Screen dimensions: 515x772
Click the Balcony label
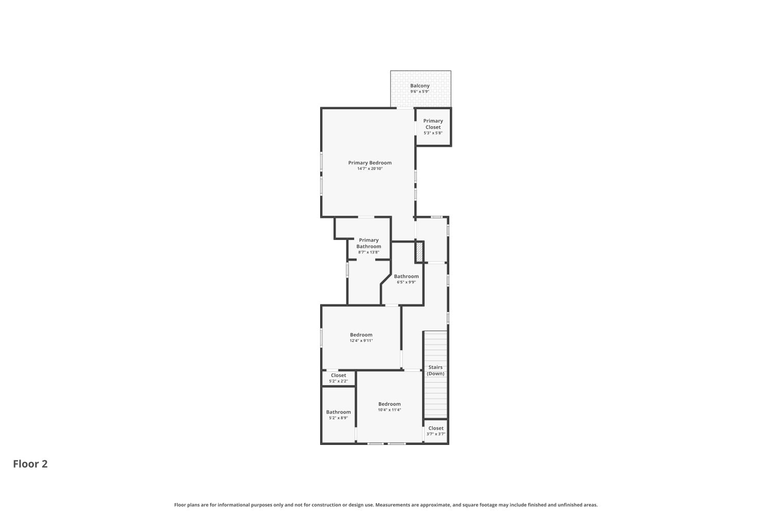419,86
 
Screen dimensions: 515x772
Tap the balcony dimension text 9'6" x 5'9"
419,92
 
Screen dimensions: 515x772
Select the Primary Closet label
433,124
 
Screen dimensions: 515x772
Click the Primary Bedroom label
370,163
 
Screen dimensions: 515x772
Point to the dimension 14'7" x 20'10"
370,169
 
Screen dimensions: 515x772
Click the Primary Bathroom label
369,243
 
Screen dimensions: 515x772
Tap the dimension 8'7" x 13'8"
369,252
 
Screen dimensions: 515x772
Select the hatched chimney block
419,252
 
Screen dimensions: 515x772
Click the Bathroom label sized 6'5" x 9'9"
406,277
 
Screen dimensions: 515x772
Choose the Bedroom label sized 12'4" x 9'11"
361,335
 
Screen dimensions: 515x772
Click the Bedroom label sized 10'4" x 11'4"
389,404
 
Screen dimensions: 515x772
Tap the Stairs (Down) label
435,370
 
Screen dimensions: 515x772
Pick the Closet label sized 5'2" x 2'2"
338,375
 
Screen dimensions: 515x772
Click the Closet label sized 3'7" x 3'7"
435,428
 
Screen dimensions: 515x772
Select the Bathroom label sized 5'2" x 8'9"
338,412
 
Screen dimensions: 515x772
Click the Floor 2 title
30,464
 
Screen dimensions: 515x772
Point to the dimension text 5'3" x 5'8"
433,133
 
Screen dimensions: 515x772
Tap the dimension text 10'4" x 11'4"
389,410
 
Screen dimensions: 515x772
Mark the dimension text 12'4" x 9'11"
361,341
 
